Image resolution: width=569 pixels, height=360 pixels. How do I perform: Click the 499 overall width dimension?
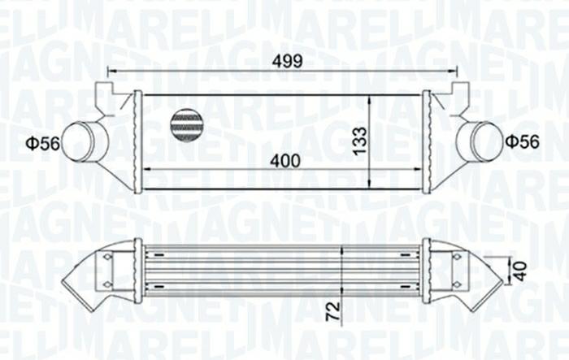286,60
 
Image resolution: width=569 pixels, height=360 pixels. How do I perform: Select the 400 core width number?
284,161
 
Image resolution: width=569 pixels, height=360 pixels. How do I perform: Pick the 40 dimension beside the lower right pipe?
520,271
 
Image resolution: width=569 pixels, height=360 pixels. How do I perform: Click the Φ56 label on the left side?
42,144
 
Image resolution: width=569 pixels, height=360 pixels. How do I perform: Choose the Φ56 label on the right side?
522,141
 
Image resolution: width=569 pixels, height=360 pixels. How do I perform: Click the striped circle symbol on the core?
186,124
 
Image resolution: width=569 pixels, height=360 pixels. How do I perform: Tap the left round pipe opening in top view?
81,141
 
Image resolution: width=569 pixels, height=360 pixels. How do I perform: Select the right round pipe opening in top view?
481,141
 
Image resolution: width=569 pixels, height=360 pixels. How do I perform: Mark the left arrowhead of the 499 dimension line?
111,72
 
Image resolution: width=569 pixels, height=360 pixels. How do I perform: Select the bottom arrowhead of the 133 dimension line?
370,186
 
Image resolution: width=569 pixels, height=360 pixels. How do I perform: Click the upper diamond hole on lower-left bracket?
106,257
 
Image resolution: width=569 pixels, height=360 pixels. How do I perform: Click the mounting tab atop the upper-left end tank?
103,90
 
